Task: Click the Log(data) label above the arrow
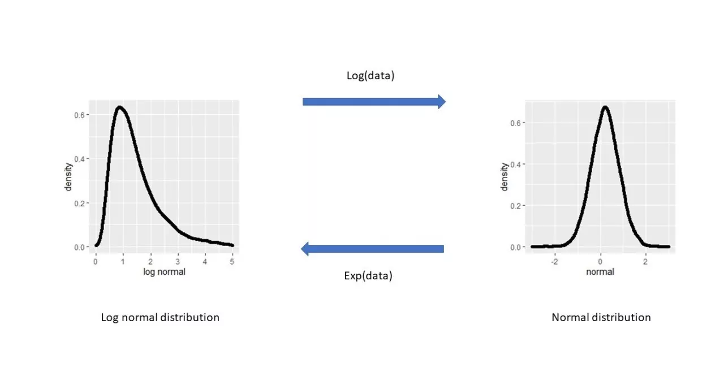click(370, 76)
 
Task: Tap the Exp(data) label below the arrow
click(368, 275)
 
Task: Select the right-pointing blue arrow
click(374, 102)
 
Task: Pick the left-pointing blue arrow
click(372, 249)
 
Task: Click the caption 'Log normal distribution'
click(160, 317)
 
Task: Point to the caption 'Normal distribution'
click(601, 317)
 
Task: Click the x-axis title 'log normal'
click(164, 272)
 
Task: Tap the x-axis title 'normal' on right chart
click(600, 272)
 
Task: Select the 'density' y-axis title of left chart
click(68, 177)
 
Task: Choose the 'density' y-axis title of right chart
click(504, 177)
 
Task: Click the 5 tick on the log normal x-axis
click(232, 262)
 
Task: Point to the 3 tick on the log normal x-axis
click(178, 262)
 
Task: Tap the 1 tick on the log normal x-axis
click(123, 262)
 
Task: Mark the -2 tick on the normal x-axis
click(554, 262)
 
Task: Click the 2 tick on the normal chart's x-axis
click(645, 262)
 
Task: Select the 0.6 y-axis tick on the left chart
click(80, 115)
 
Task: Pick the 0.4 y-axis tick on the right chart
click(515, 165)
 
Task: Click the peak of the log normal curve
click(119, 107)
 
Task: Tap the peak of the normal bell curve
click(605, 107)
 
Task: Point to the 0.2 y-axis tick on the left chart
click(80, 204)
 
